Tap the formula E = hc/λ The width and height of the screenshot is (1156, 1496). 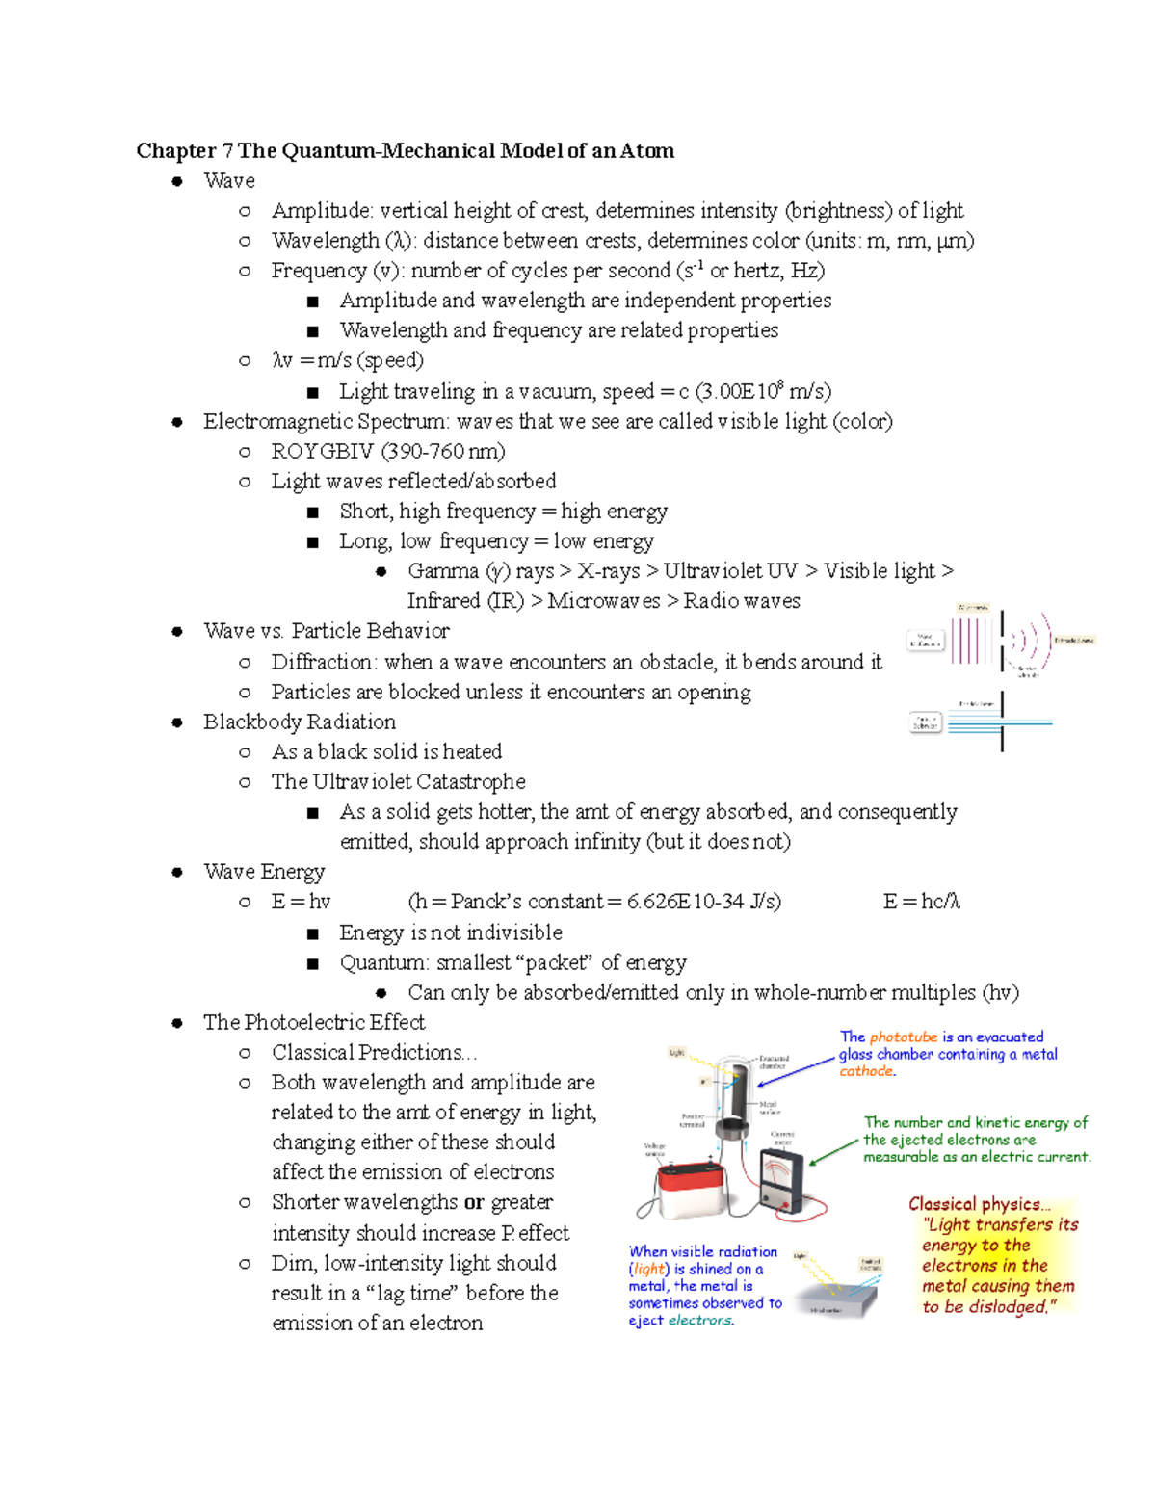click(x=921, y=902)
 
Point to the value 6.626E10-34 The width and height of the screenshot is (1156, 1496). click(x=685, y=902)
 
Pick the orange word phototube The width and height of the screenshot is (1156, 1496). click(x=903, y=1037)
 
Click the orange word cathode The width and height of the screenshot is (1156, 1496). click(x=866, y=1071)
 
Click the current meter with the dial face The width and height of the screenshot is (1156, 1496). click(x=787, y=1178)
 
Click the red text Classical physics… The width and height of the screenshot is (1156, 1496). click(x=979, y=1204)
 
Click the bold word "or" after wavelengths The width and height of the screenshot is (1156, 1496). click(x=474, y=1202)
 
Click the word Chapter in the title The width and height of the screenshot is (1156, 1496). click(x=176, y=150)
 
